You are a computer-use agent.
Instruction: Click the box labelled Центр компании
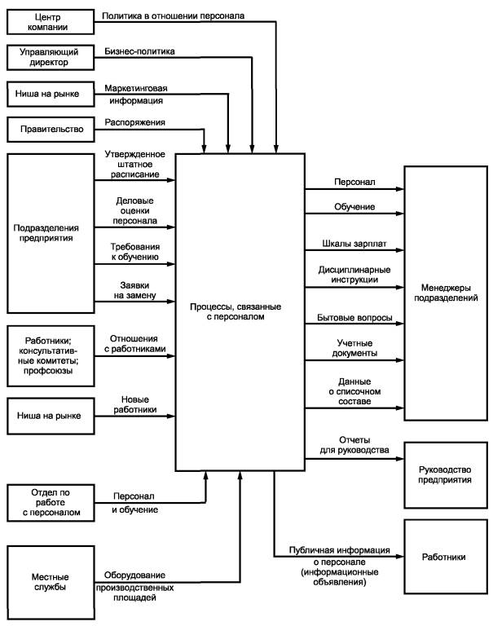[x=47, y=22]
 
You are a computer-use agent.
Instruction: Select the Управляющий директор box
[x=47, y=57]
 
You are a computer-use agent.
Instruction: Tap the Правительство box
[x=47, y=128]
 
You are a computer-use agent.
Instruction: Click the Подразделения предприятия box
[x=47, y=232]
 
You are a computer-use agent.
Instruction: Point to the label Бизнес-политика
[x=139, y=51]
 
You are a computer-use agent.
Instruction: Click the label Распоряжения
[x=135, y=121]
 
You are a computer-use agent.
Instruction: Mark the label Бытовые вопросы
[x=354, y=316]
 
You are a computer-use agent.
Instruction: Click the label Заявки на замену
[x=134, y=289]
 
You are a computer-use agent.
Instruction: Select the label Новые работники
[x=134, y=404]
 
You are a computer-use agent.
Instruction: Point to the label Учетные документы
[x=354, y=348]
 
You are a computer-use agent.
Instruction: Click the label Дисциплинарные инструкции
[x=354, y=274]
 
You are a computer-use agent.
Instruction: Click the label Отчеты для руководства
[x=354, y=444]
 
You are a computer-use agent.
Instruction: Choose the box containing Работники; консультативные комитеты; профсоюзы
[x=47, y=355]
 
